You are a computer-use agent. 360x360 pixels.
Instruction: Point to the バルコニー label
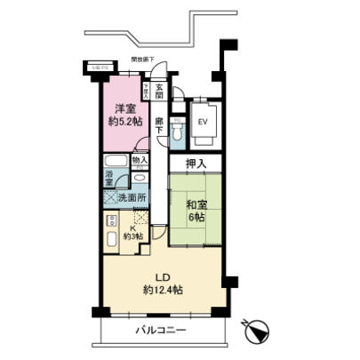161,330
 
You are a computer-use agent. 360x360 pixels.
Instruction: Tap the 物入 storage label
139,161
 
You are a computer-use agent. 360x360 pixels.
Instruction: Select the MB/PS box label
96,66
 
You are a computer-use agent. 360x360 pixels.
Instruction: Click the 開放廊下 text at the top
143,59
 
